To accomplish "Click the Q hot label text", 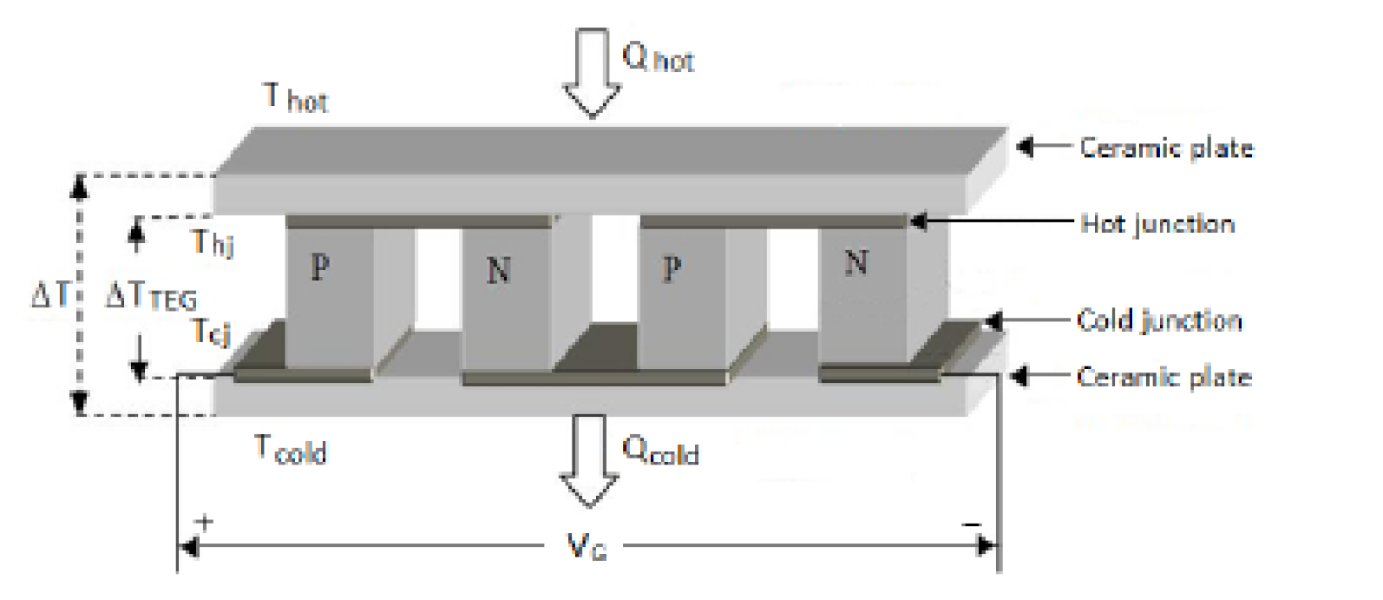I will point(658,57).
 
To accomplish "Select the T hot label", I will point(295,97).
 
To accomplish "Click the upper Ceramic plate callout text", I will point(1166,148).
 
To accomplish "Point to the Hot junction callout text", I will point(1157,223).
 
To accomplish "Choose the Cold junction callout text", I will point(1159,320).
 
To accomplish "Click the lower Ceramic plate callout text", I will point(1163,377).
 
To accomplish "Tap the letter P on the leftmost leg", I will point(320,267).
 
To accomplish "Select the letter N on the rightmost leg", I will point(856,261).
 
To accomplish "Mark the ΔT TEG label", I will point(151,296).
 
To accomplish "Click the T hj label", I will point(213,242).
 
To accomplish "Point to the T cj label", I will point(211,331).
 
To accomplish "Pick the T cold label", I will point(290,449).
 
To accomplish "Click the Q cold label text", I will point(660,451).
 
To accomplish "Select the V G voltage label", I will point(587,546).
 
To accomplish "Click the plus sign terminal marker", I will point(205,523).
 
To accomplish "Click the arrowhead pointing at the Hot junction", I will point(918,222).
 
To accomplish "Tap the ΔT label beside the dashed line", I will point(50,295).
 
